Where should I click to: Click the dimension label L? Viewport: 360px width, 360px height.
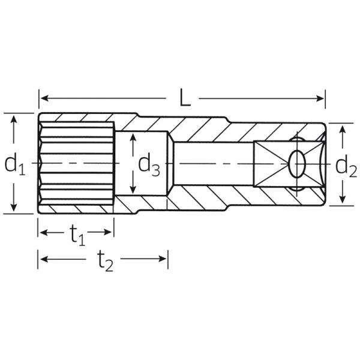point(185,98)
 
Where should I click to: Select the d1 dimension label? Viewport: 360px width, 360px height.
point(15,163)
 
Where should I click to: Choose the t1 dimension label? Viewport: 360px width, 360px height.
point(77,235)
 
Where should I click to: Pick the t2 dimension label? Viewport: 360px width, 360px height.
point(105,260)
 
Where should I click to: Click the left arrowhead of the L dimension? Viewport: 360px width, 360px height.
point(44,98)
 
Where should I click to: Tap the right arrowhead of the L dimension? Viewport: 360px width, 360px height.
point(320,99)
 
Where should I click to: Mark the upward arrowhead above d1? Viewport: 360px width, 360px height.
point(14,120)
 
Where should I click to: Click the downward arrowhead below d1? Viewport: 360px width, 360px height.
point(14,207)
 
